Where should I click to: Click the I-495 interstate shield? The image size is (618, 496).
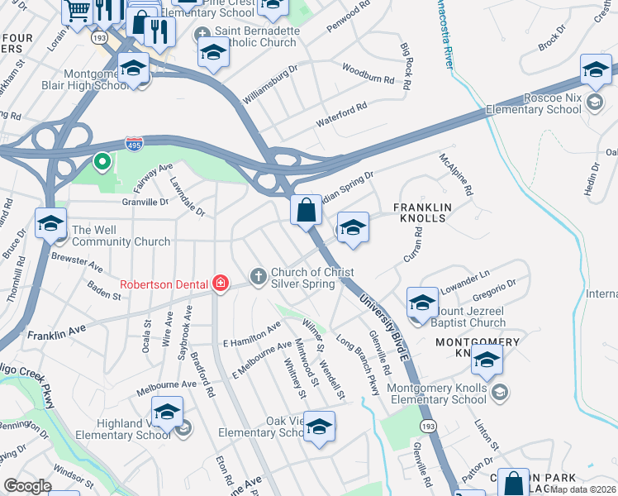click(134, 144)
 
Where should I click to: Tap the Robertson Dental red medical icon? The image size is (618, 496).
click(220, 284)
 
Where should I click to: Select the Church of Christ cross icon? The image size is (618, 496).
click(258, 275)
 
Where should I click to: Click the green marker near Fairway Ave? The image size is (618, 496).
click(102, 162)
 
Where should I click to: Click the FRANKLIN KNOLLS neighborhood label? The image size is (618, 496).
click(419, 212)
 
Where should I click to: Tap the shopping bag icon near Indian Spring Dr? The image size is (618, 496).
click(306, 211)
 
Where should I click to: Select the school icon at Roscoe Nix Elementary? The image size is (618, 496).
click(595, 70)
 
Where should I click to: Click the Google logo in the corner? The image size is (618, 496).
click(27, 486)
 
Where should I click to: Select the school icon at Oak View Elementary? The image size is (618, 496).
click(319, 427)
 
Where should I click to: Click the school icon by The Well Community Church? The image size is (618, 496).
click(50, 223)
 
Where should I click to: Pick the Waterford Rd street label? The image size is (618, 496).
click(341, 116)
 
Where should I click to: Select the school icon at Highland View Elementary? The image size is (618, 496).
click(168, 413)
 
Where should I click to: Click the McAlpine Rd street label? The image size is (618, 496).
click(457, 174)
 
